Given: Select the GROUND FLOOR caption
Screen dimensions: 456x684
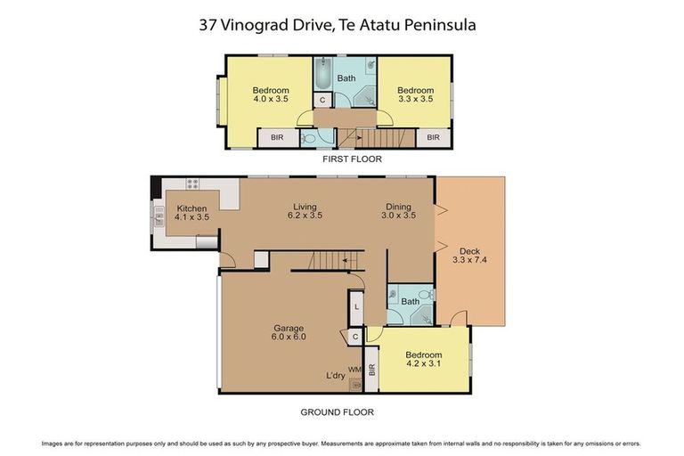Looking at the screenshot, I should point(336,411).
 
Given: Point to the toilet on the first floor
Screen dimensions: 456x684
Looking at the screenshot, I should point(308,138).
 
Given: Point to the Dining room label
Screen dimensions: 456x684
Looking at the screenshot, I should point(399,205).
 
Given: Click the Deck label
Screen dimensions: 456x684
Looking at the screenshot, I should point(469,250).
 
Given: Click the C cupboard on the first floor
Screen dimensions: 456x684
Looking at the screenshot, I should point(322,100).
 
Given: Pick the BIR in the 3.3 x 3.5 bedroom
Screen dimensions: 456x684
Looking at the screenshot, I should point(433,137).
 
